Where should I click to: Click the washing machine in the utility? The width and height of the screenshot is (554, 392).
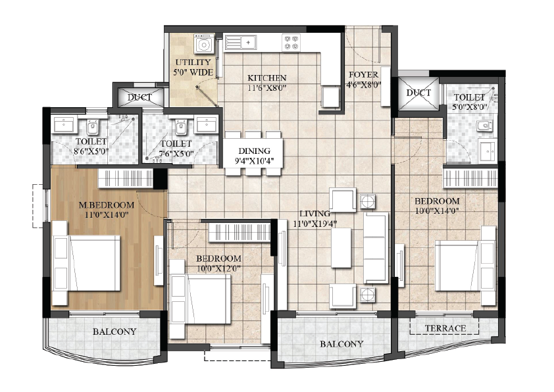[204, 44]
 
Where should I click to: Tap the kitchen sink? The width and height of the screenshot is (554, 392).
[240, 42]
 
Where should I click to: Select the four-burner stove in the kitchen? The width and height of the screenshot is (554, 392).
[291, 42]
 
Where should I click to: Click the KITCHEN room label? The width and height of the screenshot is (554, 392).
[266, 78]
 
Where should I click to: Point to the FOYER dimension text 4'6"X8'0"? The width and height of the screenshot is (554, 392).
[363, 85]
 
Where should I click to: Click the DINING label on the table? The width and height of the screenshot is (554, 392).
[255, 151]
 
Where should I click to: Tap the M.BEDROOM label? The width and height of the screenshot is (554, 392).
[107, 205]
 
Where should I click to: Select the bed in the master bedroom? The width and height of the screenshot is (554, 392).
[87, 263]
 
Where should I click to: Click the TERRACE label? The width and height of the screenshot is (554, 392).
[445, 328]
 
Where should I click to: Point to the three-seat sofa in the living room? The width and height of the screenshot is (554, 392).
[376, 247]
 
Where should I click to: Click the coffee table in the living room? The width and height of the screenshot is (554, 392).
[341, 247]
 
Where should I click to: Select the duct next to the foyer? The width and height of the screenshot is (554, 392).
[418, 93]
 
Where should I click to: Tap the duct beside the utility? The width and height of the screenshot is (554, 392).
[140, 97]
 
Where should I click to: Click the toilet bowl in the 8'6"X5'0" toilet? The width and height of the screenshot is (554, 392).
[93, 127]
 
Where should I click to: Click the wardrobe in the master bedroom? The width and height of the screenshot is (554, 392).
[126, 178]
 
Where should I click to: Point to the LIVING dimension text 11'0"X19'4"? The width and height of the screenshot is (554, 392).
[315, 224]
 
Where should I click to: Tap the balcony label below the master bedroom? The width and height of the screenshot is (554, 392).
[114, 331]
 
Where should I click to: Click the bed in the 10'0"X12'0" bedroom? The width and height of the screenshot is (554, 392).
[200, 299]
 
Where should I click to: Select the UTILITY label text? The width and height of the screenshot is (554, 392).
[193, 62]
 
